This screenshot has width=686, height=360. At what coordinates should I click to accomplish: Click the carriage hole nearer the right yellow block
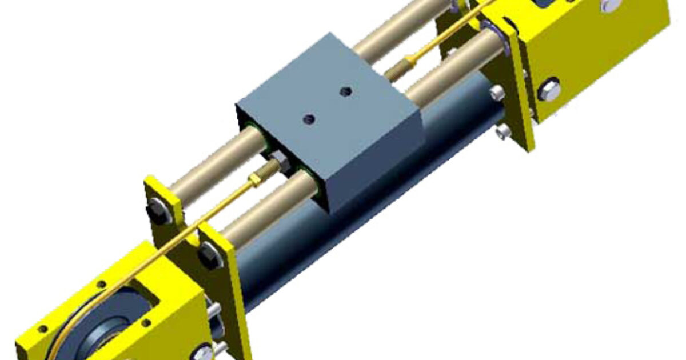[345, 91]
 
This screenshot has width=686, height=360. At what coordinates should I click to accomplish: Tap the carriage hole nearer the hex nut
[309, 119]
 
